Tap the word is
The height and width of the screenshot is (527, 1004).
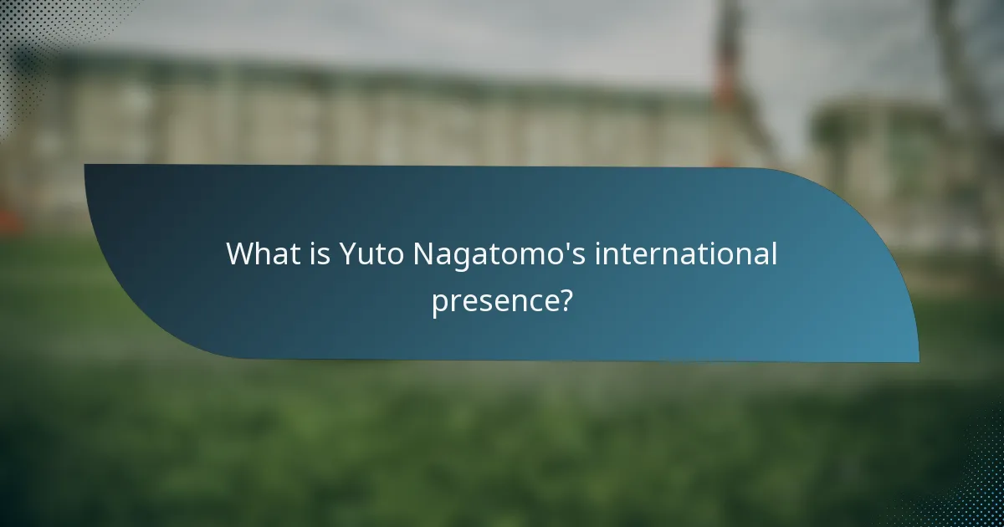pos(319,254)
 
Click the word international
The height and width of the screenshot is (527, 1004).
pos(686,254)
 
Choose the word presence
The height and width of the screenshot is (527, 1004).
pos(493,301)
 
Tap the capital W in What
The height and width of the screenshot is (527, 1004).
pos(240,254)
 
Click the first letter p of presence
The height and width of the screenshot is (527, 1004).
pos(440,303)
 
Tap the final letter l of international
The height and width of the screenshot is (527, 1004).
pos(774,253)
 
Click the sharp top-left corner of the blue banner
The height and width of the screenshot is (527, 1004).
pos(85,165)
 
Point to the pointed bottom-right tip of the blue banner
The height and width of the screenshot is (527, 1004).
pos(918,361)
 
